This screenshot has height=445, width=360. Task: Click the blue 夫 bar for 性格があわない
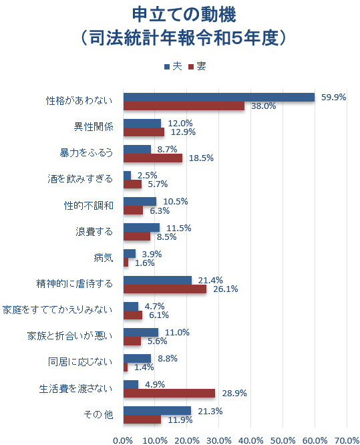pyautogui.click(x=219, y=97)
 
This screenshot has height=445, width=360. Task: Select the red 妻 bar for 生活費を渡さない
pyautogui.click(x=170, y=394)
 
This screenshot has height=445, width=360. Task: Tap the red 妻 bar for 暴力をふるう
pyautogui.click(x=153, y=158)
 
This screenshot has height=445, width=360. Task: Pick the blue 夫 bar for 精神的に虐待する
pyautogui.click(x=158, y=280)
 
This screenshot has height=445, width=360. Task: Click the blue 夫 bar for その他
pyautogui.click(x=157, y=410)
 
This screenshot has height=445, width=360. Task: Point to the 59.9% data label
pyautogui.click(x=333, y=97)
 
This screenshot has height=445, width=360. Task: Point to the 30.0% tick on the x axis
pyautogui.click(x=219, y=440)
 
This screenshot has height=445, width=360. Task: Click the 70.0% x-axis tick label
pyautogui.click(x=347, y=440)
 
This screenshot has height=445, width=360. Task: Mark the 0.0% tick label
pyautogui.click(x=124, y=440)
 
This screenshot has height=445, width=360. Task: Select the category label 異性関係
pyautogui.click(x=94, y=127)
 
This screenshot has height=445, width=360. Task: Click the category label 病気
pyautogui.click(x=104, y=257)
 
